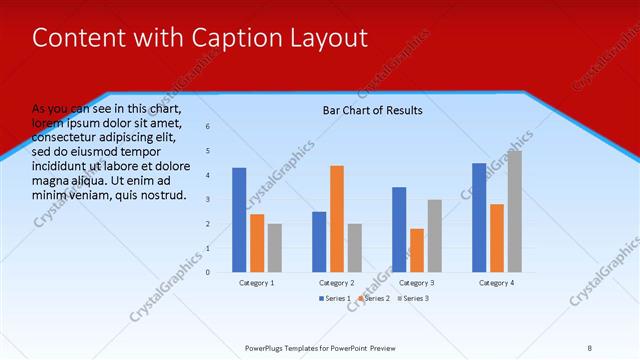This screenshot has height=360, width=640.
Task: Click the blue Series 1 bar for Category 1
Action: tap(239, 220)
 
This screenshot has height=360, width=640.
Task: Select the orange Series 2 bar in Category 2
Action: tap(337, 218)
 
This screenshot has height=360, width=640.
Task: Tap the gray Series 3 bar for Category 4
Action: tap(514, 211)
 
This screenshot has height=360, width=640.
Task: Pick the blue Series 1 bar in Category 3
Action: tap(399, 229)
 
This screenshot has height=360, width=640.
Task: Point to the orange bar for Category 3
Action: tap(417, 250)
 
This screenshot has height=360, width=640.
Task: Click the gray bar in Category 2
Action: tap(354, 247)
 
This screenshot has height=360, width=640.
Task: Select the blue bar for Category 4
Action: tap(479, 217)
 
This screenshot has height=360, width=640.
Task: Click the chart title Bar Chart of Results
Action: tap(372, 110)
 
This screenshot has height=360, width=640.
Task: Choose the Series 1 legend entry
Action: tap(334, 299)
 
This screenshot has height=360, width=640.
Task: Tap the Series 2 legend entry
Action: tap(374, 299)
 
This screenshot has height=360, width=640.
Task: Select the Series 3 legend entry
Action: tap(413, 299)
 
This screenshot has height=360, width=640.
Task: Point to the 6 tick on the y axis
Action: tap(208, 127)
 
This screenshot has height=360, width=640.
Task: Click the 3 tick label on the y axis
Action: tap(208, 199)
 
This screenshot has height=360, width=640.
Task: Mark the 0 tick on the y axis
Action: tap(208, 272)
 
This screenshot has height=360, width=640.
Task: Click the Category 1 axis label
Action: tap(257, 283)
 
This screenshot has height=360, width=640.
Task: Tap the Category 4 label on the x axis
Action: tap(496, 283)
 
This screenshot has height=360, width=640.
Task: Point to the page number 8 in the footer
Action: tap(589, 348)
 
